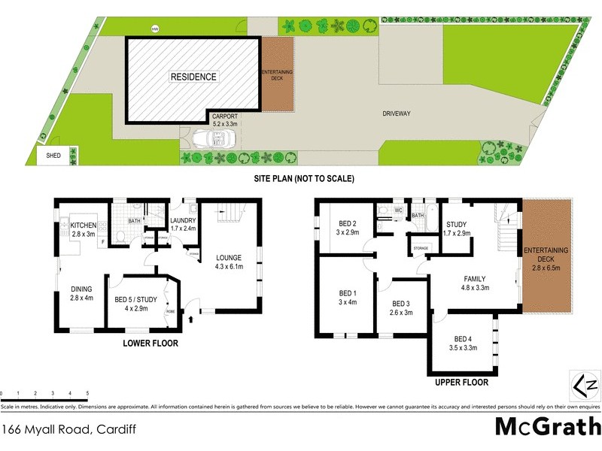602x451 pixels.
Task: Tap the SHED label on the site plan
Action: pyautogui.click(x=53, y=156)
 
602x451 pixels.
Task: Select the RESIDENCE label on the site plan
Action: pyautogui.click(x=193, y=77)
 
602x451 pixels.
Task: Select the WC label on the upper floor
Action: pyautogui.click(x=399, y=210)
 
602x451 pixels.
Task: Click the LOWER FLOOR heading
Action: pyautogui.click(x=150, y=344)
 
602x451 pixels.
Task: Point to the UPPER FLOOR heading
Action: pyautogui.click(x=462, y=383)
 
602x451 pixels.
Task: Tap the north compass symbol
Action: pyautogui.click(x=588, y=386)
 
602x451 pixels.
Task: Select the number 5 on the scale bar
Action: pyautogui.click(x=87, y=394)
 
